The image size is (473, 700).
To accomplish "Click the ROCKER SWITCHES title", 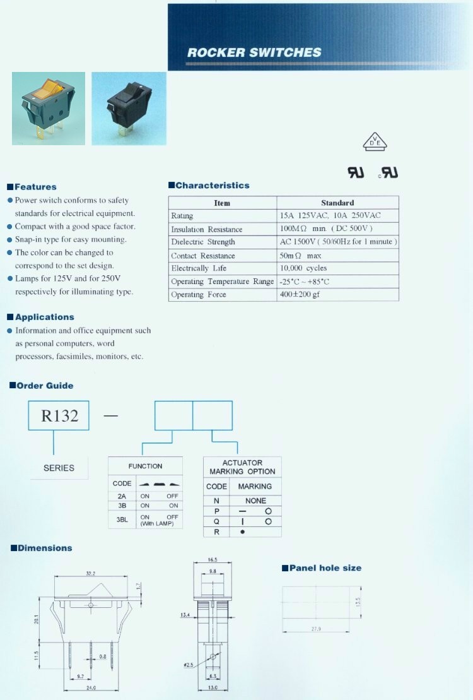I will click(x=254, y=53).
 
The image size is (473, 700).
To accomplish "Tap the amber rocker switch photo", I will click(x=49, y=109).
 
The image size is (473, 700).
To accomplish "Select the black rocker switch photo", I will click(x=129, y=108).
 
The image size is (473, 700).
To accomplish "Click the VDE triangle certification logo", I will click(x=375, y=142).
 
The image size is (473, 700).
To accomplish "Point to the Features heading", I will click(x=35, y=187).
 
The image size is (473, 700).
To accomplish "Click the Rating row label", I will click(x=182, y=216).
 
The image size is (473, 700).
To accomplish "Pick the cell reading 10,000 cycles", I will click(x=303, y=268).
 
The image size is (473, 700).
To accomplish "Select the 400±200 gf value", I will click(x=300, y=295).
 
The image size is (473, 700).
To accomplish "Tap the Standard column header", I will click(x=337, y=203).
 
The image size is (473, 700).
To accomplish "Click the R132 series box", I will click(x=59, y=416).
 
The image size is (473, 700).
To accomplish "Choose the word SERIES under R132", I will click(x=59, y=468).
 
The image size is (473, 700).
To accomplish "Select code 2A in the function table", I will click(x=122, y=496).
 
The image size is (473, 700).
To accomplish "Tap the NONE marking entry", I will click(x=255, y=501).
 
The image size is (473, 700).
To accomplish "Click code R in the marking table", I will click(x=217, y=532).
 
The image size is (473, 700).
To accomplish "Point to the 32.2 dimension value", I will click(x=90, y=574).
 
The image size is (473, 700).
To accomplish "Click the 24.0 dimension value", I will click(x=91, y=688).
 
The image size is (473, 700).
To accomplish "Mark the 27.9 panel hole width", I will click(x=317, y=629).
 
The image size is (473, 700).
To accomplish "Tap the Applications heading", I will click(x=44, y=317).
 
